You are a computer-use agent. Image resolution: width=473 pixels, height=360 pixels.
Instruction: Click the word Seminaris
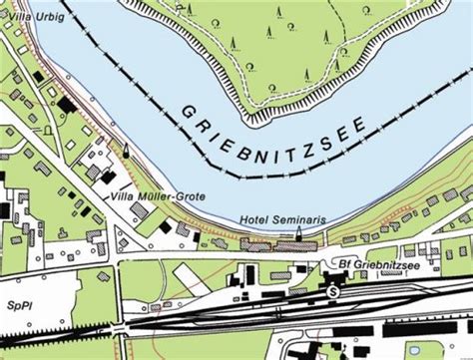pos(287,220)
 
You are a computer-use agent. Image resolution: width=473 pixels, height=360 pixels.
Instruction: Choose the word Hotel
pos(253,220)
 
